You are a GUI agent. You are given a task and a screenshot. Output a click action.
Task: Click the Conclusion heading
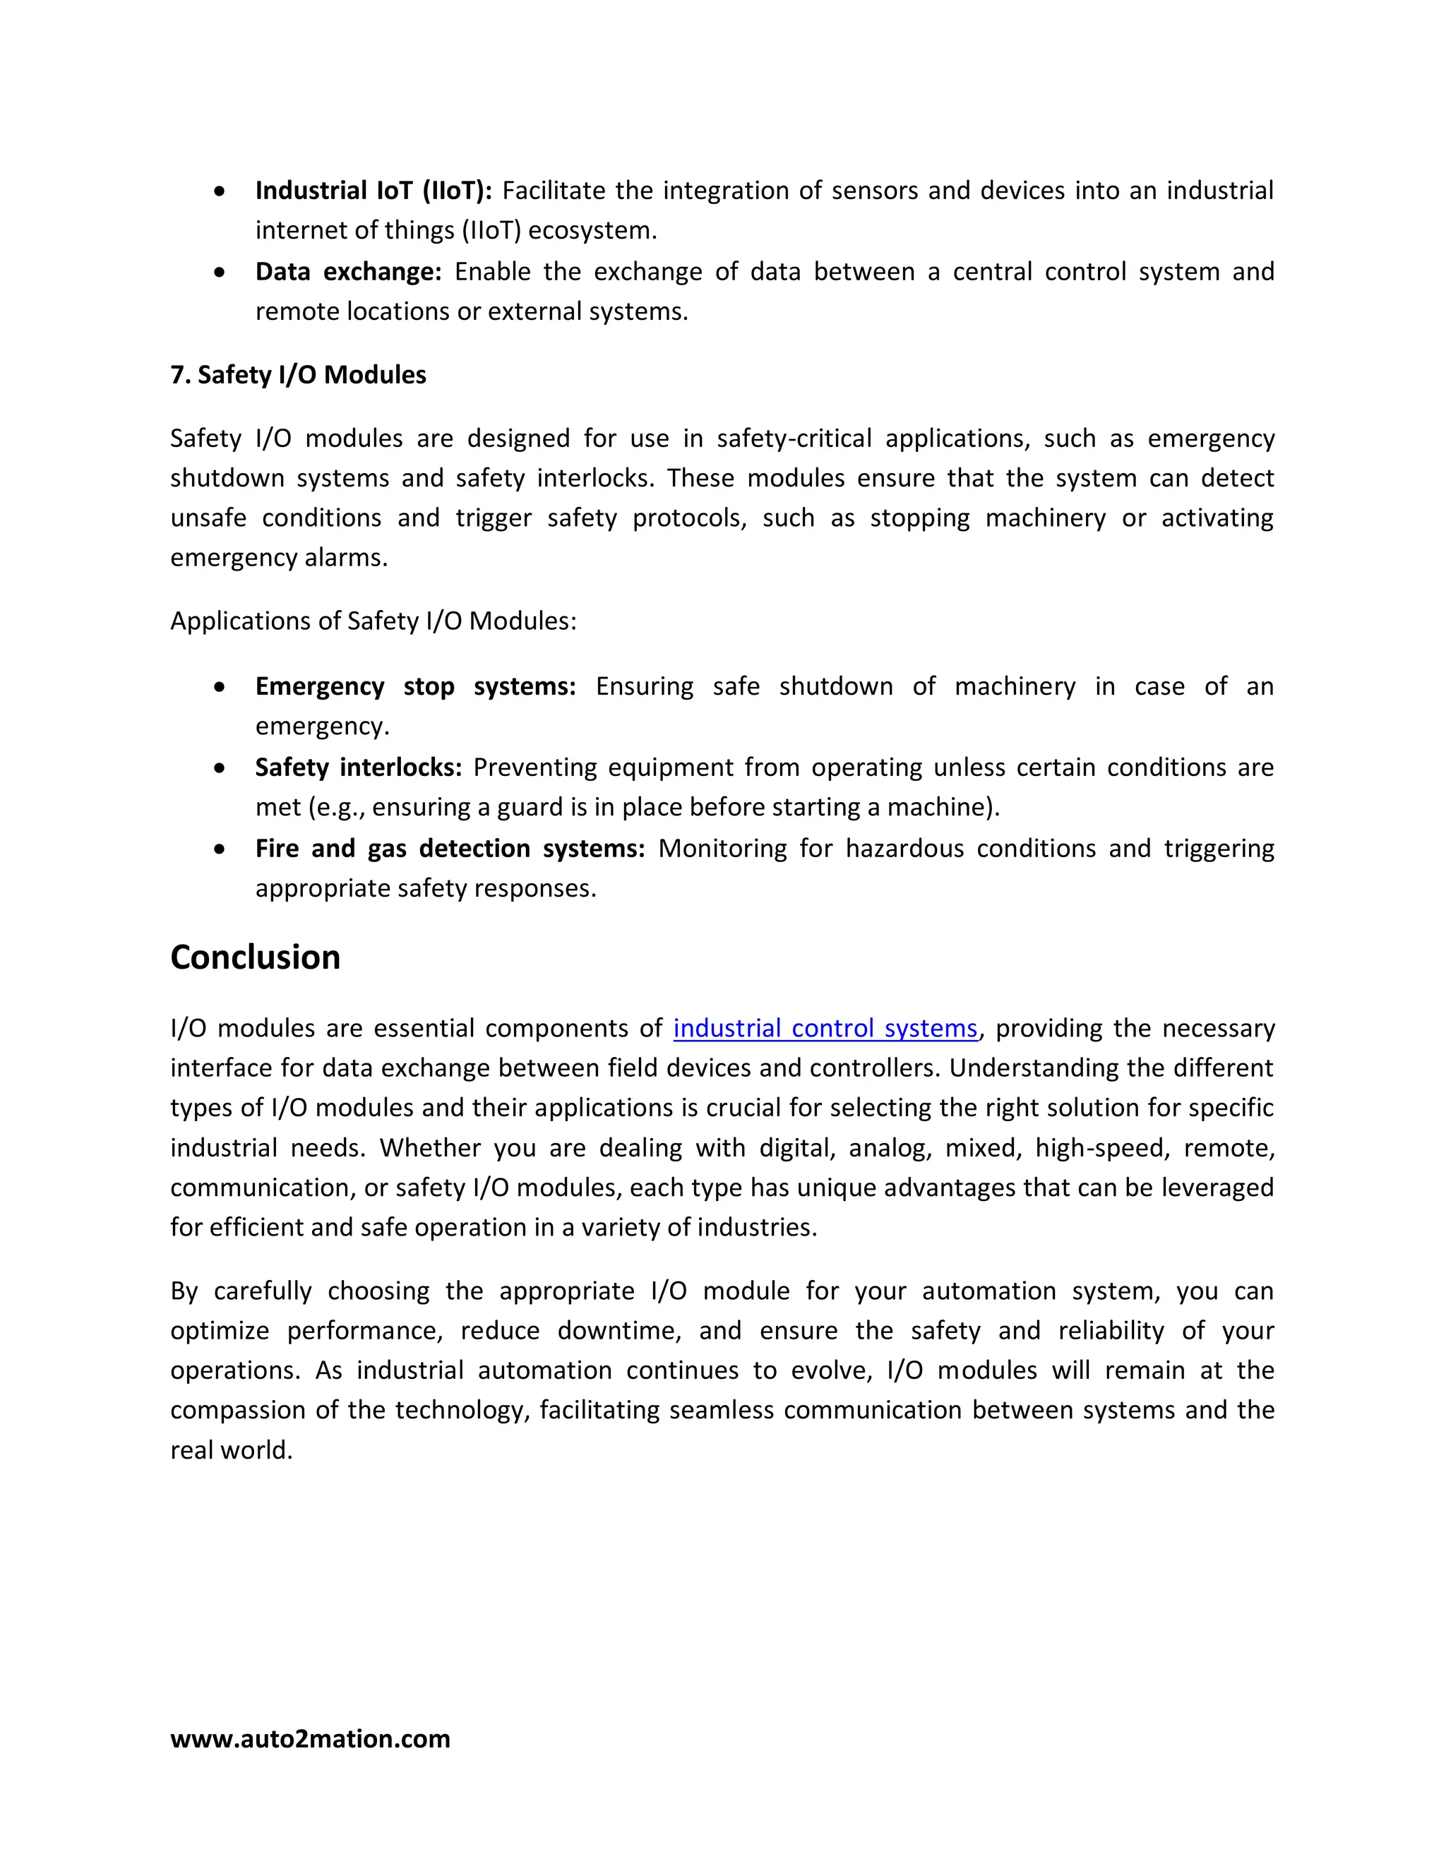click(x=256, y=957)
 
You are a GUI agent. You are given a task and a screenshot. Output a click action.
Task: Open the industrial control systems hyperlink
click(x=825, y=1028)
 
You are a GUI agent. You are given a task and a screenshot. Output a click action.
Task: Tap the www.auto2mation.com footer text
click(x=310, y=1738)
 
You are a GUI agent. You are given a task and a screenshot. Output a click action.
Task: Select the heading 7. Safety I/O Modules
click(x=298, y=374)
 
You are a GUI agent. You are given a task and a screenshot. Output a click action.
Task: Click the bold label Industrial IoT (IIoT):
click(x=374, y=190)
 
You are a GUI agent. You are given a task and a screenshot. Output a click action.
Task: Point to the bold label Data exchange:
click(x=348, y=272)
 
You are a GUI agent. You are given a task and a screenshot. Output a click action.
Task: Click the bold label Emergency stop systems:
click(x=415, y=686)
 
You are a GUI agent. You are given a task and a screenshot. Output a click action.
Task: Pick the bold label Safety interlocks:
click(x=358, y=767)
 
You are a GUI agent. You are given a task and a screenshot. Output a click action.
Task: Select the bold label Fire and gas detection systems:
click(x=450, y=848)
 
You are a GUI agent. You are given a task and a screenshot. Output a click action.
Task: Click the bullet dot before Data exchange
click(x=220, y=273)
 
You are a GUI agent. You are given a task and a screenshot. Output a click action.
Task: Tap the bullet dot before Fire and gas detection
click(x=220, y=849)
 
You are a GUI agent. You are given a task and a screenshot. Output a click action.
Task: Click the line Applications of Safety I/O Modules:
click(x=374, y=620)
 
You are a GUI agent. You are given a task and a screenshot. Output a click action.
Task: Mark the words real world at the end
click(x=232, y=1449)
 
